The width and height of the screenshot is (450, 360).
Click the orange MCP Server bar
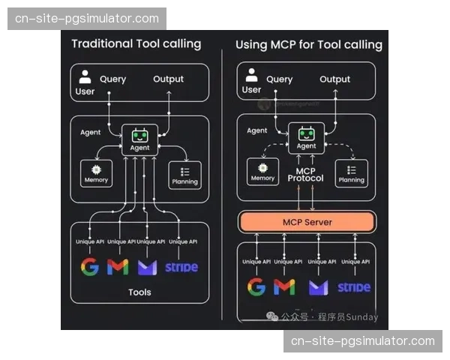tap(307, 222)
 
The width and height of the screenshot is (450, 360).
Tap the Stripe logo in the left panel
tap(181, 267)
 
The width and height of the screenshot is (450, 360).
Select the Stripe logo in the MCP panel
tap(353, 286)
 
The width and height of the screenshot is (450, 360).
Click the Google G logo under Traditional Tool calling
tap(89, 266)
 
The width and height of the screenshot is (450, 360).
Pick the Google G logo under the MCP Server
tap(256, 286)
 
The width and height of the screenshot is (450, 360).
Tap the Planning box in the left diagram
tap(184, 174)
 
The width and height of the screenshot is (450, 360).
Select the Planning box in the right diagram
tap(351, 172)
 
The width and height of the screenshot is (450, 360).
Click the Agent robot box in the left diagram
tap(139, 139)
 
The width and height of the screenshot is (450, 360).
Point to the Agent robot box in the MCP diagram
tap(306, 139)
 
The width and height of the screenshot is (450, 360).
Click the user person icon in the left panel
tap(85, 76)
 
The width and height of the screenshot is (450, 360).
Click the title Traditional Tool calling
tap(136, 43)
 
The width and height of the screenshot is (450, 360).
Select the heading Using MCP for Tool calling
tap(308, 44)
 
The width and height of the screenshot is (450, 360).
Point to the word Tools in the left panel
tap(139, 292)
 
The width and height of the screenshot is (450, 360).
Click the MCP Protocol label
tap(306, 174)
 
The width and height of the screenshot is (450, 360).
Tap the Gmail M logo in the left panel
tap(118, 267)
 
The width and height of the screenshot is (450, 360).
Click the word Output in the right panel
tap(334, 79)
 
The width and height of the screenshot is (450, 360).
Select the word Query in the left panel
tap(113, 79)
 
